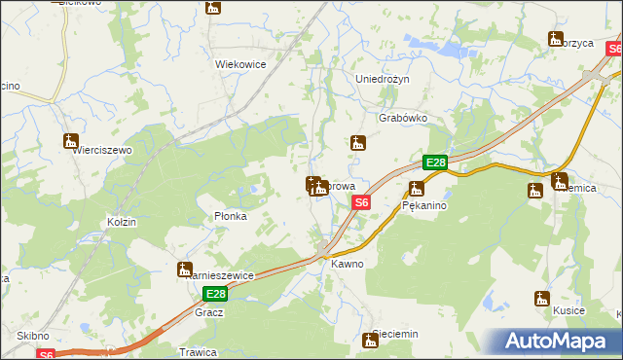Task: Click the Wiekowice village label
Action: click(x=240, y=64)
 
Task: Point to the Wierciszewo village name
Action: click(x=99, y=151)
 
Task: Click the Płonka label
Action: click(x=230, y=217)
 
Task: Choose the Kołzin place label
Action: click(x=122, y=222)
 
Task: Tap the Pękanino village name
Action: click(x=424, y=206)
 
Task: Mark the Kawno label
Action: click(x=347, y=264)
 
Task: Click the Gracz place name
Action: click(x=209, y=312)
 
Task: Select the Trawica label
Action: click(x=197, y=351)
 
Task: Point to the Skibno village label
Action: click(x=32, y=336)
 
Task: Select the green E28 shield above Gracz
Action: click(x=215, y=294)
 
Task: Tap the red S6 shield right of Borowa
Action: click(x=361, y=202)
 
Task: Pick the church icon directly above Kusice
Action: click(x=541, y=299)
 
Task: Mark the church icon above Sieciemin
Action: click(x=370, y=340)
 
